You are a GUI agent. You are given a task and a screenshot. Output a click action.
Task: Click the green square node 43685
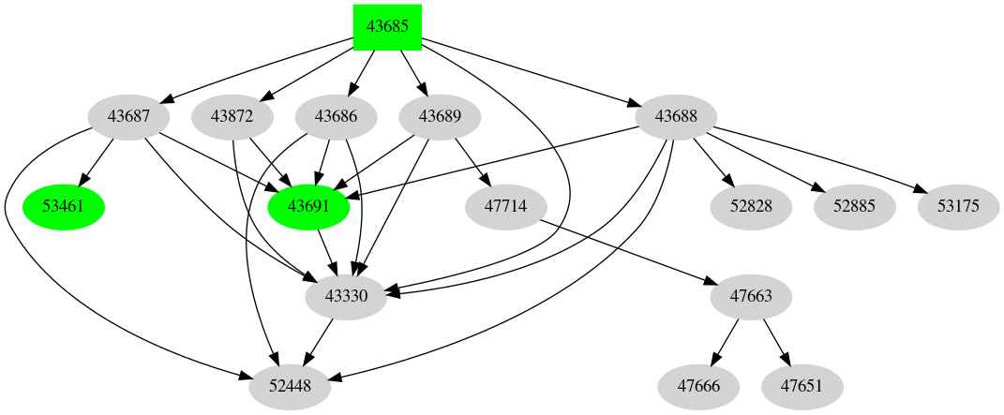pyautogui.click(x=387, y=27)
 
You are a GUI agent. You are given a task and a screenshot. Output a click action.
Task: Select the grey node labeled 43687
pyautogui.click(x=128, y=117)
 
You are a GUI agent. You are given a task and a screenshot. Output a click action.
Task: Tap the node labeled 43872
pyautogui.click(x=232, y=117)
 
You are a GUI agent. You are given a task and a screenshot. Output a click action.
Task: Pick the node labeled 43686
pyautogui.click(x=336, y=117)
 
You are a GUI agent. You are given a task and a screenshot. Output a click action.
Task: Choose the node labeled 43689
pyautogui.click(x=440, y=117)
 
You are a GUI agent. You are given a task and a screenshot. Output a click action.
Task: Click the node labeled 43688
pyautogui.click(x=676, y=117)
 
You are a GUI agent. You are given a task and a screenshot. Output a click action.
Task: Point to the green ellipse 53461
pyautogui.click(x=63, y=207)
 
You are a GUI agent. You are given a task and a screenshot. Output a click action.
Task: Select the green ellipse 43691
pyautogui.click(x=308, y=207)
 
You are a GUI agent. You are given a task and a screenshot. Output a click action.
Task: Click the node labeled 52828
pyautogui.click(x=751, y=207)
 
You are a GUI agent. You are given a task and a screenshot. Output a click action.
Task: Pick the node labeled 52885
pyautogui.click(x=854, y=207)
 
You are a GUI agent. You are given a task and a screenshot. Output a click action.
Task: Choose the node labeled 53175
pyautogui.click(x=957, y=207)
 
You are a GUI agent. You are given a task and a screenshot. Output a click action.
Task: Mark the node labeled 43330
pyautogui.click(x=347, y=297)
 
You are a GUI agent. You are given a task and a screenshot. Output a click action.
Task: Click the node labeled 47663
pyautogui.click(x=750, y=297)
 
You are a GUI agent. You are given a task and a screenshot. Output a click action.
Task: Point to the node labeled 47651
pyautogui.click(x=802, y=386)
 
